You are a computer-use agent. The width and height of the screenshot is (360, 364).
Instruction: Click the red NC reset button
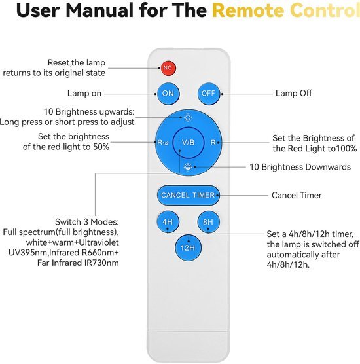[168, 68]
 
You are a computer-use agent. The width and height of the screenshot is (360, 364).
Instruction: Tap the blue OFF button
[209, 94]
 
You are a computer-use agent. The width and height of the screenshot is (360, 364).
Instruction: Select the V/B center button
[189, 143]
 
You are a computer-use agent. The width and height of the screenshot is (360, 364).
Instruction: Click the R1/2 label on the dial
[163, 143]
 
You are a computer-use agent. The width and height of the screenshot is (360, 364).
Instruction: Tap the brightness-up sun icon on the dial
[188, 118]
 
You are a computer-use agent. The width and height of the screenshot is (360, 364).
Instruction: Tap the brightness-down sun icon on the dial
[188, 167]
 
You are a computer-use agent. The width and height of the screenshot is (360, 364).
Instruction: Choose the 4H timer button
[168, 222]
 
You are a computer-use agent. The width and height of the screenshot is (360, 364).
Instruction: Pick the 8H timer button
[208, 222]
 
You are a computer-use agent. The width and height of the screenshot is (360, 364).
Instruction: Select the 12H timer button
[188, 247]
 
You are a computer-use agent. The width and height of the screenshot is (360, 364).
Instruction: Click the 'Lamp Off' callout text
[294, 94]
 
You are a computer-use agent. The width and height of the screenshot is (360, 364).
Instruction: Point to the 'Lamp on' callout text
[84, 94]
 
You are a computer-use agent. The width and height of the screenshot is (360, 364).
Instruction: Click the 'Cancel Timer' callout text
[297, 196]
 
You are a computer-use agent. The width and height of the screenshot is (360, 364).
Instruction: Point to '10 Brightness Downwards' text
[300, 167]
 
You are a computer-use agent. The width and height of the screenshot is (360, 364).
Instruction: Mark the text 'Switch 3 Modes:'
[87, 222]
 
